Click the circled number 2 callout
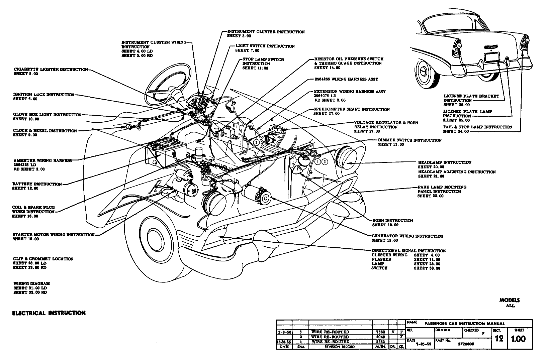click(x=256, y=142)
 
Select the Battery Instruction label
click(x=37, y=184)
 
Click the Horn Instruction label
click(x=392, y=221)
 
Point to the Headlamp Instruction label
click(x=444, y=162)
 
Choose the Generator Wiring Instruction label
click(x=407, y=236)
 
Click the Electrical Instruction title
click(x=49, y=313)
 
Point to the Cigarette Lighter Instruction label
click(x=51, y=70)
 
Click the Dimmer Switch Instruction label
click(x=409, y=140)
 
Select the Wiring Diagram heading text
click(x=31, y=283)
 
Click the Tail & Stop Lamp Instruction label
click(x=477, y=127)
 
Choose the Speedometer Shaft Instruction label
click(x=351, y=109)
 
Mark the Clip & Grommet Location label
click(x=43, y=259)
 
